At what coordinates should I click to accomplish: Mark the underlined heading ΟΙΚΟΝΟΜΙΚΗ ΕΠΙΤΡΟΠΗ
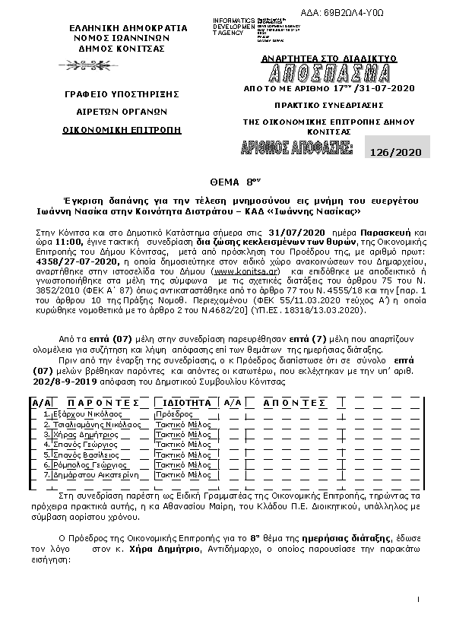coord(123,130)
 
